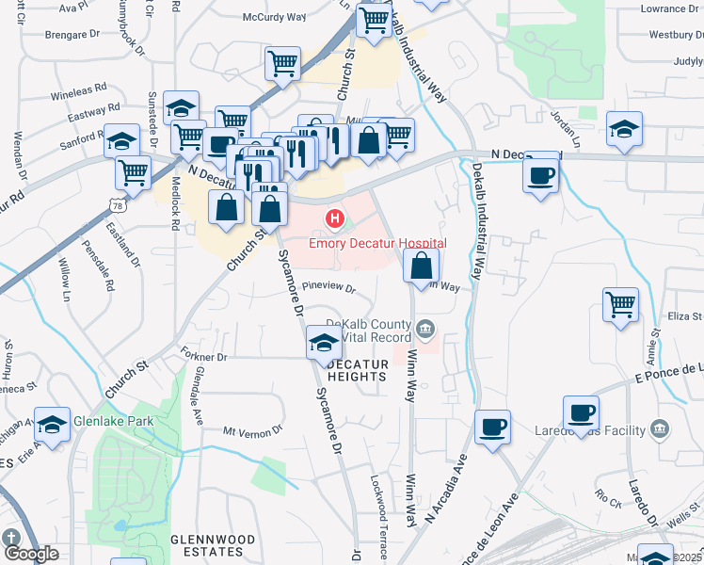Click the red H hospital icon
tap(333, 220)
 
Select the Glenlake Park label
tap(113, 422)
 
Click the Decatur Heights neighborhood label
tap(357, 370)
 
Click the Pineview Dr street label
tap(328, 287)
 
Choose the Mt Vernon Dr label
tap(252, 430)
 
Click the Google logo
tap(30, 554)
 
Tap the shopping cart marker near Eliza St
tap(620, 304)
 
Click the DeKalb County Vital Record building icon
tap(424, 328)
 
